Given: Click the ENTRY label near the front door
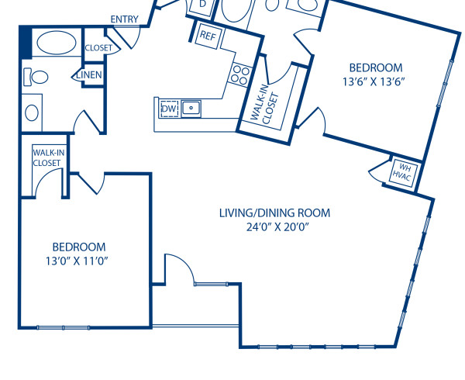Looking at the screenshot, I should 125,19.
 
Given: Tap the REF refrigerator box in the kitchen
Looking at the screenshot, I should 208,36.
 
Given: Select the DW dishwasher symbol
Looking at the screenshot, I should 168,109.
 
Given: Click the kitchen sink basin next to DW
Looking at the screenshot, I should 191,108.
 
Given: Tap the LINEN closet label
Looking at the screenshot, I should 90,74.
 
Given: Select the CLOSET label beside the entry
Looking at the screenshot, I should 98,48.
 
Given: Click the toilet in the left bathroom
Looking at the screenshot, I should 36,76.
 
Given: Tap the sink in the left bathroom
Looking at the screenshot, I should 32,112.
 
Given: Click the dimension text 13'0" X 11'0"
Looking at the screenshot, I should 76,261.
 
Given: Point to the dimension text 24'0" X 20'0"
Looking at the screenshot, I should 274,227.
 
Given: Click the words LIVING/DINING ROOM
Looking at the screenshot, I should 274,212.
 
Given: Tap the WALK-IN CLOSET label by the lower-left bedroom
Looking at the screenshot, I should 47,158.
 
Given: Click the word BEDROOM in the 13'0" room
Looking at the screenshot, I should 76,247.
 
